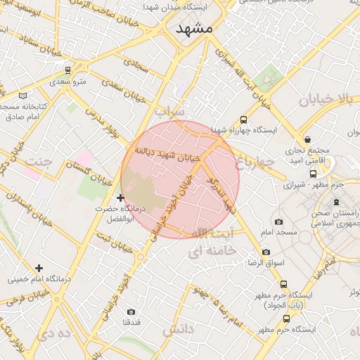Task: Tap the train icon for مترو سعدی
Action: tap(67, 70)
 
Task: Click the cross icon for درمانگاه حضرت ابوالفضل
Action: tap(121, 198)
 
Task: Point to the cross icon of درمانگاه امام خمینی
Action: tap(39, 268)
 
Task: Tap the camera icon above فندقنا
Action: tap(131, 311)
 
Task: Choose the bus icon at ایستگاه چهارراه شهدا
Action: tap(244, 120)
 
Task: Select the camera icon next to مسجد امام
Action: tap(279, 221)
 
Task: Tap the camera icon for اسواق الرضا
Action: tap(266, 252)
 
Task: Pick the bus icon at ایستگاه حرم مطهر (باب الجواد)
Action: tap(283, 285)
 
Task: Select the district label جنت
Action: tap(38, 162)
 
